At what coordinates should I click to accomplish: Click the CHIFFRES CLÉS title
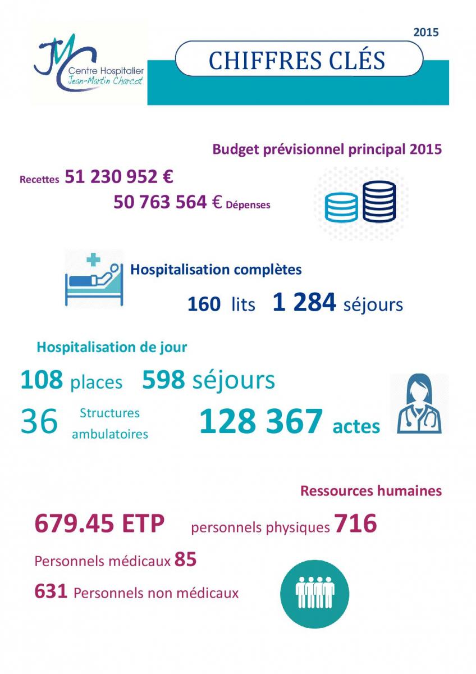tap(297, 60)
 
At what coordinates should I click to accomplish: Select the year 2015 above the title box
tap(426, 33)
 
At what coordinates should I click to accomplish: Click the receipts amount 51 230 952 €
tap(119, 177)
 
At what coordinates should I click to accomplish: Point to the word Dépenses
tap(248, 205)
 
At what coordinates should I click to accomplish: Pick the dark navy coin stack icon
tap(379, 201)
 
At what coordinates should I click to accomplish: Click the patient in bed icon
tap(94, 277)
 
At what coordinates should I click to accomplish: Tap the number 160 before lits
tap(204, 304)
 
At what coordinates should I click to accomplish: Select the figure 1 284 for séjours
tap(304, 303)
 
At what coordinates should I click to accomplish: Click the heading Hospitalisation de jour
tap(112, 347)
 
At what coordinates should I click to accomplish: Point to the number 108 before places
tap(42, 380)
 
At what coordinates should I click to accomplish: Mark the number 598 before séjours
tap(163, 380)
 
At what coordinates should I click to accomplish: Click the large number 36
tap(39, 421)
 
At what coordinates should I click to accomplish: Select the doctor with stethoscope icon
tap(419, 404)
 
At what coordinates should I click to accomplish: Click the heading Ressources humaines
tap(371, 491)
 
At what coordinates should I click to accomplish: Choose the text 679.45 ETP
tap(100, 524)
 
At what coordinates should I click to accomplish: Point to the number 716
tap(355, 524)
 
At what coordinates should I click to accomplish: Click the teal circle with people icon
tap(314, 594)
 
